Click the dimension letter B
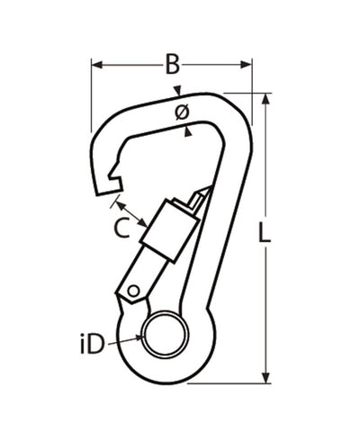[x=172, y=64]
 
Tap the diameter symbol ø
[x=179, y=112]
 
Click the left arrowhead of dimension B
[x=95, y=64]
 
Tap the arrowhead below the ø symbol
[x=187, y=130]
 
